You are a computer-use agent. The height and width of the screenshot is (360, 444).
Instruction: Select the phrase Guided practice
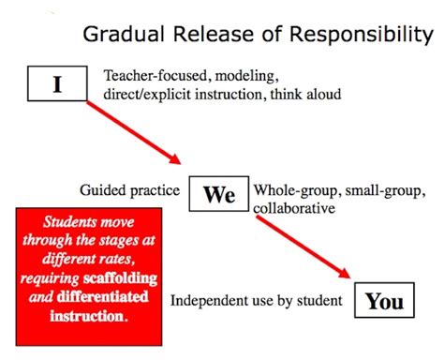click(x=130, y=190)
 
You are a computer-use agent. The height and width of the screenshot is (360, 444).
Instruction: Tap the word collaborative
click(x=294, y=208)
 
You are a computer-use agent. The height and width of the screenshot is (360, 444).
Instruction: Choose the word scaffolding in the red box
click(x=121, y=279)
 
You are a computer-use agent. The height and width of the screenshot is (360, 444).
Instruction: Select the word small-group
click(x=371, y=190)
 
